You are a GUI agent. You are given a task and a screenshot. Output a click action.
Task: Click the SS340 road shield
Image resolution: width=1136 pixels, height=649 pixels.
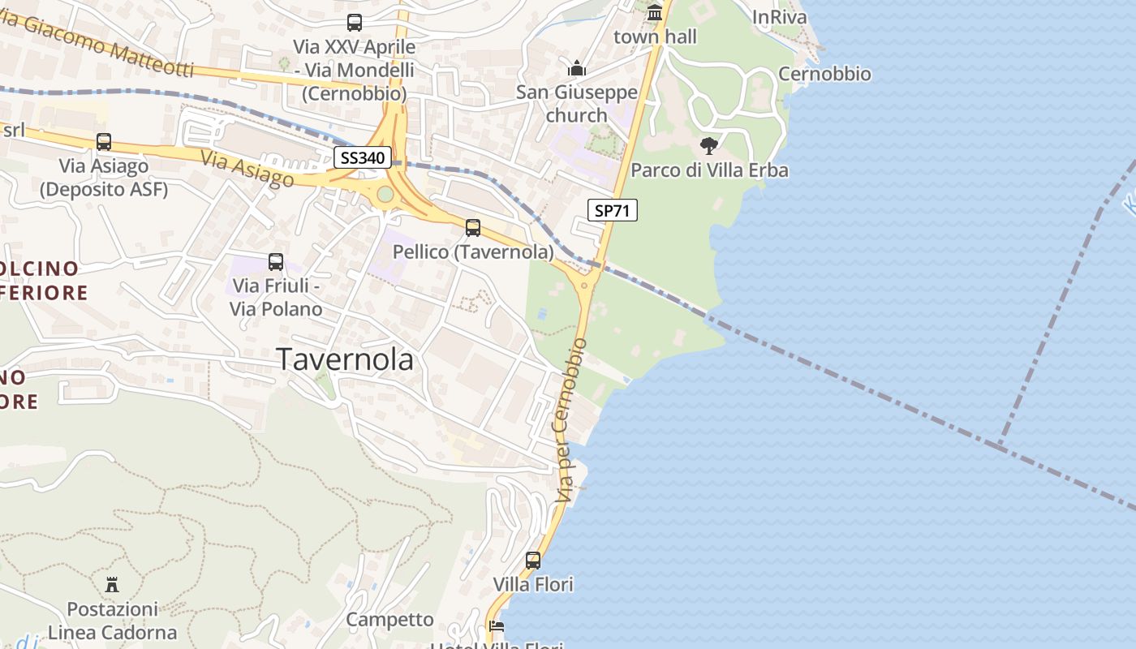[x=362, y=157]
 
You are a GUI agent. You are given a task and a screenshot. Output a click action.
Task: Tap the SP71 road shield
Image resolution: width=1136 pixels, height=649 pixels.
[x=613, y=211]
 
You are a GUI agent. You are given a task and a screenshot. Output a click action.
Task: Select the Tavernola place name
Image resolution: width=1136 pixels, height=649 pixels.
[x=346, y=359]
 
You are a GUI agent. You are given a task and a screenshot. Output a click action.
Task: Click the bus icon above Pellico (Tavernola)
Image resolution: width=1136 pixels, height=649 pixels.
[x=473, y=228]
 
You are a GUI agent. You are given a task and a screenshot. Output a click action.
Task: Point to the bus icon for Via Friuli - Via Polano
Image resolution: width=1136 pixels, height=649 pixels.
[x=276, y=262]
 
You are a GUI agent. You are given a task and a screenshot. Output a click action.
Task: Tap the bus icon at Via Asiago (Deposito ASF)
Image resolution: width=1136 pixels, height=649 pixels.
[x=104, y=142]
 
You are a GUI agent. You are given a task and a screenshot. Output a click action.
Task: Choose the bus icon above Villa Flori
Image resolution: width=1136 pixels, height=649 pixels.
[x=533, y=561]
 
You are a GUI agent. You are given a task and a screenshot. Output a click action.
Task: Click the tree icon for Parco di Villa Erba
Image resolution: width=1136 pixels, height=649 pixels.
[x=709, y=146]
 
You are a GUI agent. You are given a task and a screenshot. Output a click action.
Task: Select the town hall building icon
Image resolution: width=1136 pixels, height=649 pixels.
[x=655, y=13]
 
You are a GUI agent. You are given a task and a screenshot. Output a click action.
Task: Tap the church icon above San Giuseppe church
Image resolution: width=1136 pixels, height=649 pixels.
[x=577, y=67]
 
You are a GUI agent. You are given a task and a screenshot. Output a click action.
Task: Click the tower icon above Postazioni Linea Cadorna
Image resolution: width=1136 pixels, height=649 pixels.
[x=112, y=584]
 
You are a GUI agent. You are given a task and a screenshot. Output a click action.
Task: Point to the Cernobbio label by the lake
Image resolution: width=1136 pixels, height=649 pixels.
[x=824, y=74]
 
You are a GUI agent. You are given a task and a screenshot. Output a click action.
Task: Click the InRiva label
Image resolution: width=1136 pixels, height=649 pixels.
[x=780, y=17]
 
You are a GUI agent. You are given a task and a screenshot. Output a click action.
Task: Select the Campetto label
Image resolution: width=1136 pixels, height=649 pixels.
[x=390, y=620]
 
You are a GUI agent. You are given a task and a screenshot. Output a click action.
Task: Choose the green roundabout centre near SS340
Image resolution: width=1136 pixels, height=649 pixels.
[x=385, y=194]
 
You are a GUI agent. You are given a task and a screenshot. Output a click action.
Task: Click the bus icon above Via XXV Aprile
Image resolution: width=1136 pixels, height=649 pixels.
[x=355, y=23]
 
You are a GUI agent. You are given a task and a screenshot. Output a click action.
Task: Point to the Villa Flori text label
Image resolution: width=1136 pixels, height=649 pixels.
[x=533, y=584]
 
